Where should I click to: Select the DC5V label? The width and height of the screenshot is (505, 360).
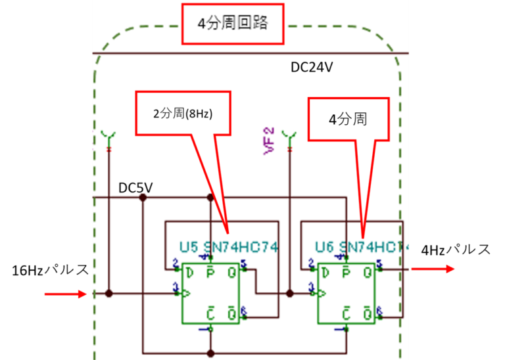coord(135,189)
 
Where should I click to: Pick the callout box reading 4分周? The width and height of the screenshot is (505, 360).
coord(349,120)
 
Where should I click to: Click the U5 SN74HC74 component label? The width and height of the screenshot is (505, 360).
coord(229,248)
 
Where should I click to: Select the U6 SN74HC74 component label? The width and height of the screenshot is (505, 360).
coord(362,248)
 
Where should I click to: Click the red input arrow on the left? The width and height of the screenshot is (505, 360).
coord(66,294)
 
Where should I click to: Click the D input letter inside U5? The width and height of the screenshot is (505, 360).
coord(190,272)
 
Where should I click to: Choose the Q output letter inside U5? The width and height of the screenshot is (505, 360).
coord(231,272)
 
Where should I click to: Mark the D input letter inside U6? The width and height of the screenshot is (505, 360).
coord(326,272)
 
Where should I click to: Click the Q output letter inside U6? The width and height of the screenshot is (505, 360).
coord(368,272)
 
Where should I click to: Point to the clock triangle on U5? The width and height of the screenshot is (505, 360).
coord(185,293)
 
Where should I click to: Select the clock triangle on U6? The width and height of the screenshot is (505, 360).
coord(322,293)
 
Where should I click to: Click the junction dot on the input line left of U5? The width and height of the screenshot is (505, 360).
coord(109,294)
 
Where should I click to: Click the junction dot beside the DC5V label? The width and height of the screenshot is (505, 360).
coord(143,197)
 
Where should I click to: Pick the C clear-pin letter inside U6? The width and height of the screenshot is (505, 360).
coord(347,315)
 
